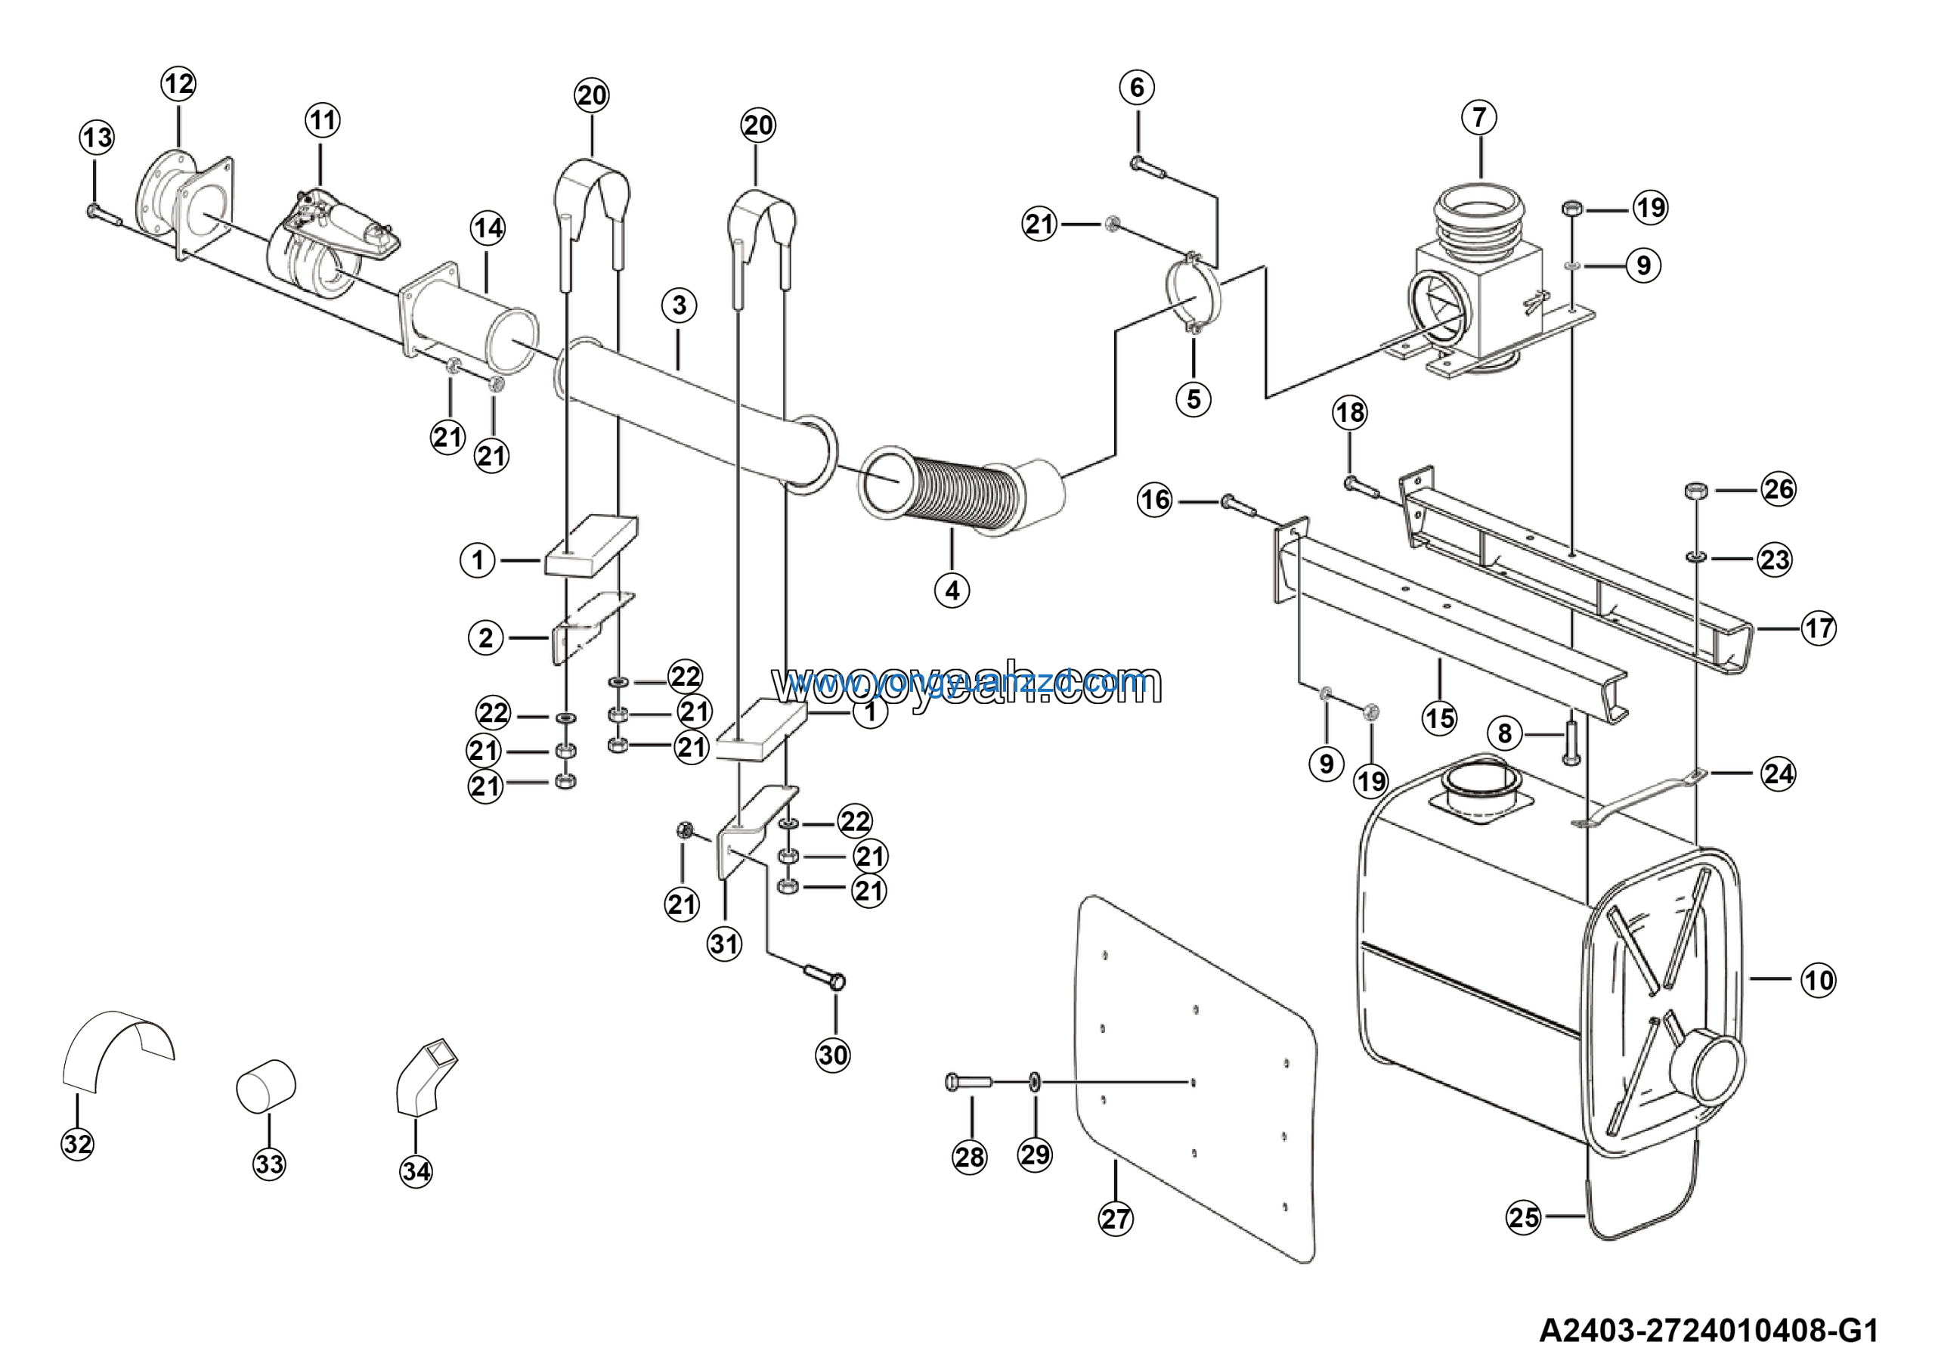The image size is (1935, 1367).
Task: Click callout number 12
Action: click(x=178, y=83)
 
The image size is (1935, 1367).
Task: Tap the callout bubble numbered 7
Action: click(x=1479, y=117)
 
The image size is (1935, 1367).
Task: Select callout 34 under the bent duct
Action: click(x=416, y=1170)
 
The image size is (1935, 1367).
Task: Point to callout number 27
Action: click(x=1115, y=1218)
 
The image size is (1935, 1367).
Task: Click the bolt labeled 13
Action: click(x=104, y=215)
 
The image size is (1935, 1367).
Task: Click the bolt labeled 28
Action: click(x=969, y=1081)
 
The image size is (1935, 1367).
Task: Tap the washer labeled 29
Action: click(x=1034, y=1081)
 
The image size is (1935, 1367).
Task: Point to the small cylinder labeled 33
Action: click(x=265, y=1086)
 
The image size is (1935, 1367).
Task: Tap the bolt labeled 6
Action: click(x=1148, y=168)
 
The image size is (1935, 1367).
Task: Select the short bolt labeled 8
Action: click(x=1570, y=742)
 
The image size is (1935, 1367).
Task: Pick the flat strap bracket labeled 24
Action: click(x=1639, y=796)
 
